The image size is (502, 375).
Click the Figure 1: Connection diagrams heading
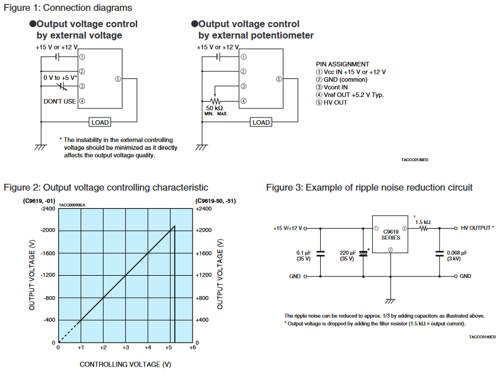tap(68, 8)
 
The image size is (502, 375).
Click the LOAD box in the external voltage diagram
tap(100, 122)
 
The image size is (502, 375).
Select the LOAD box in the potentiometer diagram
tap(261, 122)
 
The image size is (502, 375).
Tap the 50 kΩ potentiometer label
tap(215, 108)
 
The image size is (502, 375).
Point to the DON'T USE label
tap(60, 102)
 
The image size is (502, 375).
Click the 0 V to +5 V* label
tap(60, 77)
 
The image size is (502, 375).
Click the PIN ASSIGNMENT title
tap(342, 64)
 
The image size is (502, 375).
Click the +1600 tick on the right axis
tap(203, 253)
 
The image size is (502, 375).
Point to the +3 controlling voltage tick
tap(126, 347)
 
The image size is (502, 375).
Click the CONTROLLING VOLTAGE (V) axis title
tap(125, 364)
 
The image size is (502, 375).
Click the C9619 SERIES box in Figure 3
tap(391, 235)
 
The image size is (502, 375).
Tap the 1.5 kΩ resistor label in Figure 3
tap(423, 222)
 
